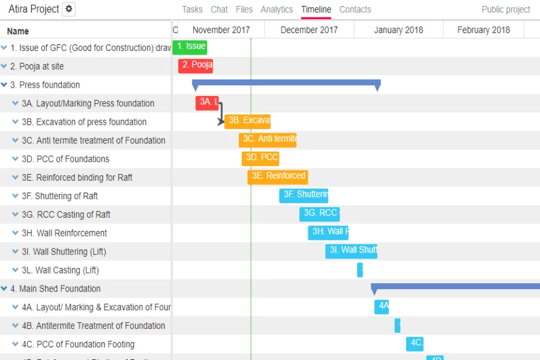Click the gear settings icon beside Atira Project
coord(69,9)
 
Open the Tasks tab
coord(192,10)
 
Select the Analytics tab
coord(277,10)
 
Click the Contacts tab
coord(355,10)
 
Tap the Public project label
coord(505,10)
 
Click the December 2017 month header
coord(308,30)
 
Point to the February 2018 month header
coord(483,30)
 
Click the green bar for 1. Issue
coord(190,47)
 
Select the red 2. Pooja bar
coord(196,65)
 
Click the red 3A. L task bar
coord(206,103)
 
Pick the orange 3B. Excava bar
coord(247,121)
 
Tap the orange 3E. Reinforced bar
coord(277,176)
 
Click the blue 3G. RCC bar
coord(319,214)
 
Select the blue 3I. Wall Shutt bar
coord(351,251)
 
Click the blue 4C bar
coord(415,343)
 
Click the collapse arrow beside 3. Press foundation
coord(4,85)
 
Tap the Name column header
coord(18,31)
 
